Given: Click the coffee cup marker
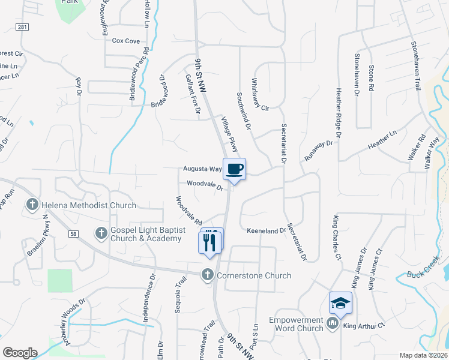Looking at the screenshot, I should tap(235, 169).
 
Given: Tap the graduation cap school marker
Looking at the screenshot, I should tap(340, 303).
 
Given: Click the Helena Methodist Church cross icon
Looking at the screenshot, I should tap(32, 205).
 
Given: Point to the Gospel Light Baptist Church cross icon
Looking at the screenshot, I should tap(101, 232).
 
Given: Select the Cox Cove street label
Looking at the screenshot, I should tap(126, 41).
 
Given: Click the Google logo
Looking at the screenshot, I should tap(20, 352).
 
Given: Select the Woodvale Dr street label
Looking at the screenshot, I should tap(205, 185).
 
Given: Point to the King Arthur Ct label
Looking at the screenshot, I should tap(364, 326).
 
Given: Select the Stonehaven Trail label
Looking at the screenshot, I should tap(415, 66).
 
